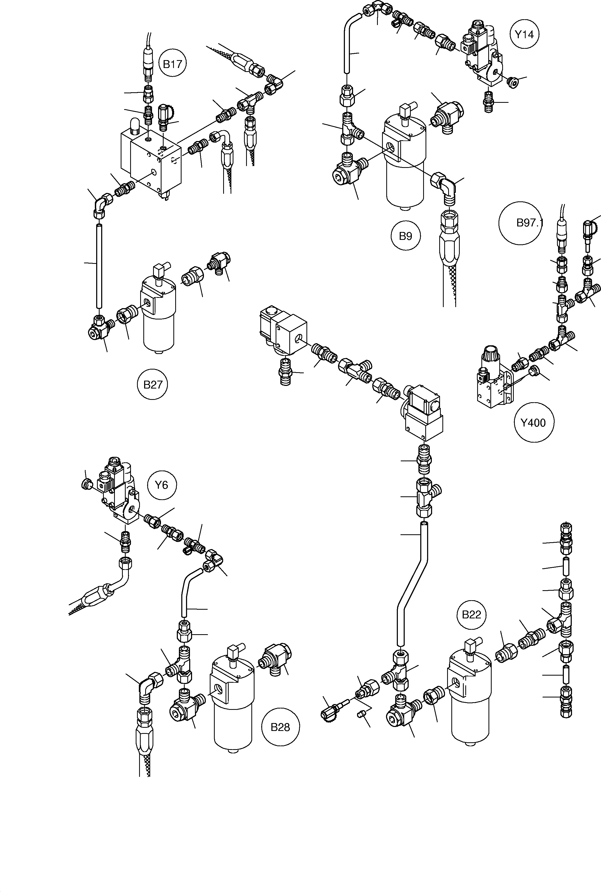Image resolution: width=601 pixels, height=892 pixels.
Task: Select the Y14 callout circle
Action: pyautogui.click(x=524, y=35)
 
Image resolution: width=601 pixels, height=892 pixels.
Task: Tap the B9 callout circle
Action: pyautogui.click(x=405, y=236)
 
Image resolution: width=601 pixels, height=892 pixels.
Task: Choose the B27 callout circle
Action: pyautogui.click(x=153, y=384)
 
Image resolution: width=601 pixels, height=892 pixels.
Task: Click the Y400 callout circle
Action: pyautogui.click(x=534, y=423)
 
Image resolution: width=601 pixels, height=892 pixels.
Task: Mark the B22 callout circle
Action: pyautogui.click(x=471, y=615)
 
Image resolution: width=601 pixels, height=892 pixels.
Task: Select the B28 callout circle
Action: pyautogui.click(x=280, y=727)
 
